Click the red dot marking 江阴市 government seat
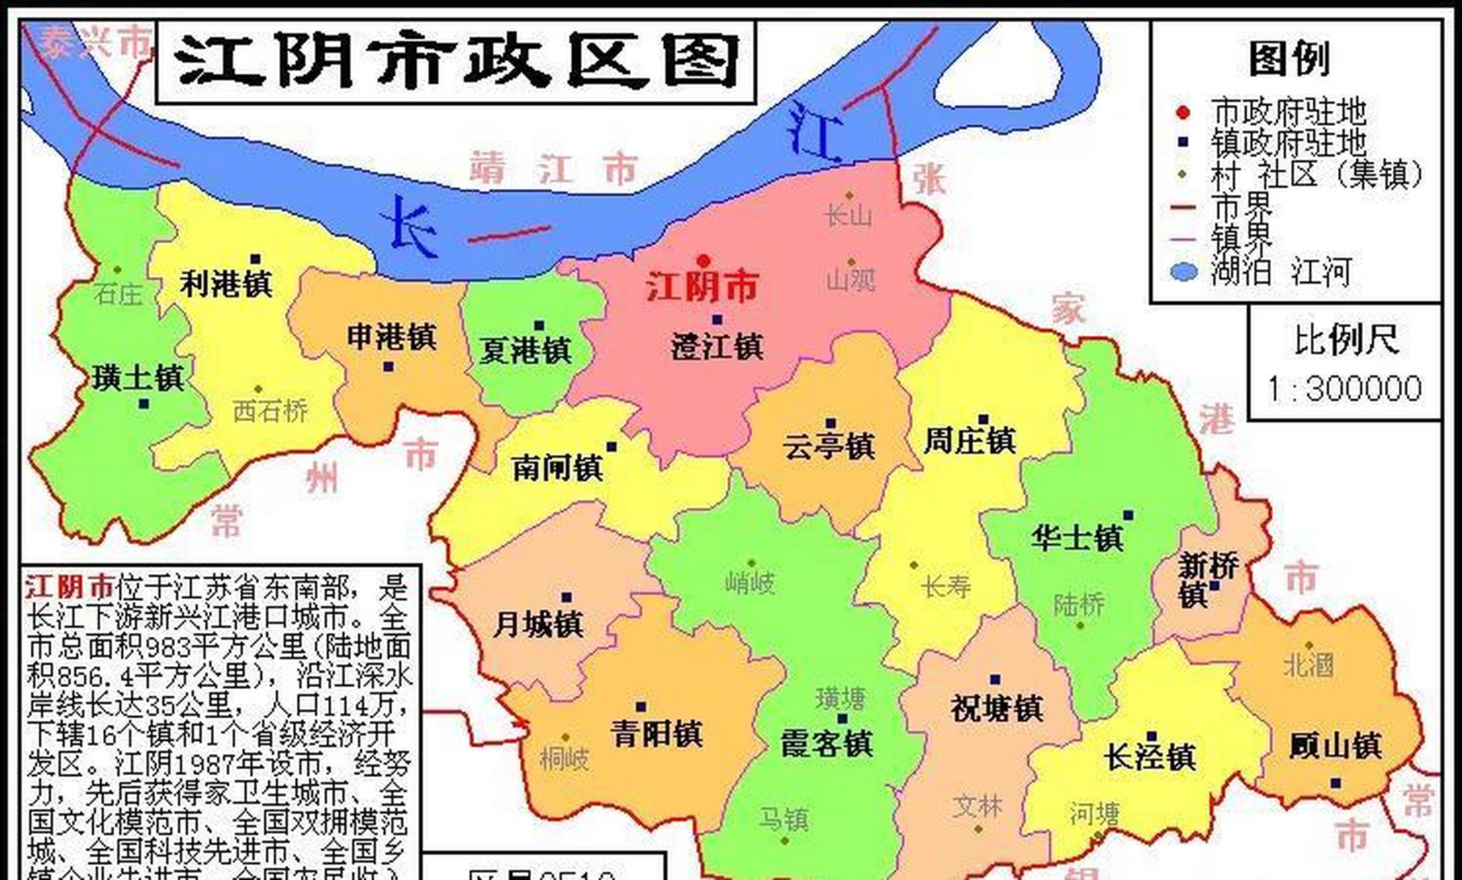702,261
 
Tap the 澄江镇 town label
717,346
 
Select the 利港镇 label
226,283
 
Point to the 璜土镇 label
138,377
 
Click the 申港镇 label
391,337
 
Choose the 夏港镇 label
526,351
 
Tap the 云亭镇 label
828,446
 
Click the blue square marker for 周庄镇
983,419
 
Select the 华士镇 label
1077,538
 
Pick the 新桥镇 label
1206,580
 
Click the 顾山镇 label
1335,746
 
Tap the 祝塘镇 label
997,708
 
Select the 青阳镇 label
656,733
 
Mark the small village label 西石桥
270,411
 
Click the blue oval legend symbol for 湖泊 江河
1183,272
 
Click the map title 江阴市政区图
455,62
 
